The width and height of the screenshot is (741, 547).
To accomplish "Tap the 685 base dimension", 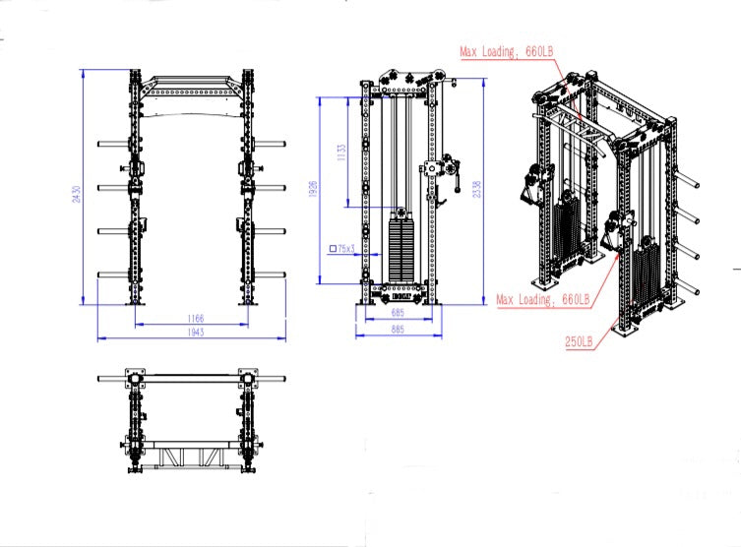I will [x=398, y=313].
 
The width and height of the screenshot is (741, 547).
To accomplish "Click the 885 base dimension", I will [x=398, y=329].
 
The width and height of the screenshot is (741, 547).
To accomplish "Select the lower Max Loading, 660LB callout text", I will [x=543, y=298].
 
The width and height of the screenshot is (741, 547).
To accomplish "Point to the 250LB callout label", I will [x=579, y=341].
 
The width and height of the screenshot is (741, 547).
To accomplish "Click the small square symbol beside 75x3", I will [x=333, y=249].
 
